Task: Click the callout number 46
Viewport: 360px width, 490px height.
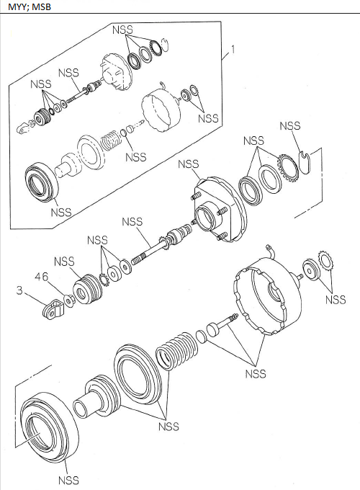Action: (42, 275)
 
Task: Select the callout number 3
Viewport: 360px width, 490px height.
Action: (22, 290)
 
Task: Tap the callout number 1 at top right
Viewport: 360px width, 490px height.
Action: (232, 50)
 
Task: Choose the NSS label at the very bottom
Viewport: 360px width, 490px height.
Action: (68, 480)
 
